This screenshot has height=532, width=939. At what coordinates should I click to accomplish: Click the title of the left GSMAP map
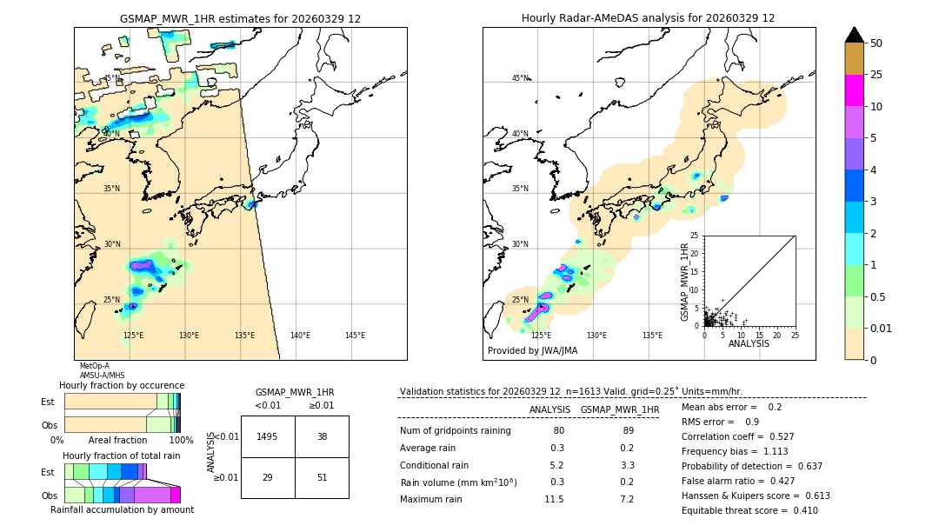pyautogui.click(x=240, y=18)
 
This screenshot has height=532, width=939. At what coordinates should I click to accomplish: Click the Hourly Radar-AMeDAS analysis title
pyautogui.click(x=649, y=18)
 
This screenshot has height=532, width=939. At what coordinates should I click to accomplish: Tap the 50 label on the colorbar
pyautogui.click(x=876, y=43)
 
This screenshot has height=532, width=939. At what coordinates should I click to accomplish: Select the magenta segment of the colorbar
pyautogui.click(x=855, y=90)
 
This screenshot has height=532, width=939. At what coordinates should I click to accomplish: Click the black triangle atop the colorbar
pyautogui.click(x=855, y=35)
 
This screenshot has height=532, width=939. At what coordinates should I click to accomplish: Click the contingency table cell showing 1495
pyautogui.click(x=268, y=436)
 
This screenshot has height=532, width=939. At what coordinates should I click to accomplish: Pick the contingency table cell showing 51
pyautogui.click(x=322, y=477)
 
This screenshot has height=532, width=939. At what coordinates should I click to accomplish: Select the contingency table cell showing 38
pyautogui.click(x=322, y=436)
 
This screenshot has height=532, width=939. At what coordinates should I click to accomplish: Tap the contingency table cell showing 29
pyautogui.click(x=268, y=477)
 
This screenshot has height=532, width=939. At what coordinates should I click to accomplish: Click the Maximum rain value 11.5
pyautogui.click(x=554, y=499)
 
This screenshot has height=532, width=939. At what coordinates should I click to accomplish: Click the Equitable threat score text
pyautogui.click(x=749, y=510)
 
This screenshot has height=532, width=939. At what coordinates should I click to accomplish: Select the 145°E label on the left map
pyautogui.click(x=355, y=336)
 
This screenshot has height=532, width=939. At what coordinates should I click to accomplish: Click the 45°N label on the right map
pyautogui.click(x=520, y=78)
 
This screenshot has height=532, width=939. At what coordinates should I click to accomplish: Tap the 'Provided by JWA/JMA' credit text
pyautogui.click(x=532, y=351)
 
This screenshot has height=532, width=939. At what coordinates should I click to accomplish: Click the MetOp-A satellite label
pyautogui.click(x=95, y=366)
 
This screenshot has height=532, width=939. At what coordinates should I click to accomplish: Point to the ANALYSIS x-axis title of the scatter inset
pyautogui.click(x=749, y=343)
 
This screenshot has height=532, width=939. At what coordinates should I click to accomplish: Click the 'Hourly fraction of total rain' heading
pyautogui.click(x=122, y=456)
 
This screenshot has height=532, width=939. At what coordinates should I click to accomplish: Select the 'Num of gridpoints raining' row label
pyautogui.click(x=456, y=430)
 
